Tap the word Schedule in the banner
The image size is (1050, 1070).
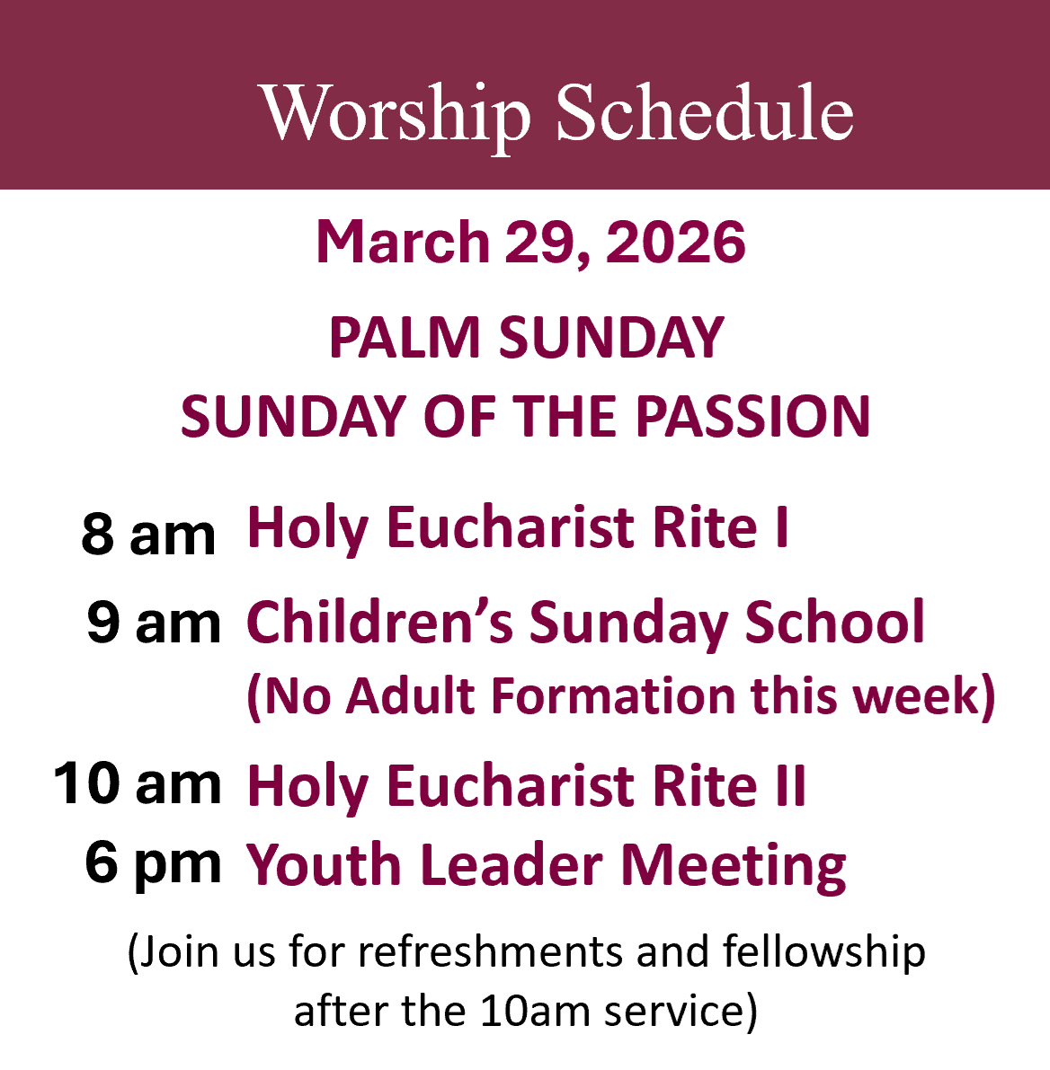point(705,111)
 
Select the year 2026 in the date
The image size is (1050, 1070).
point(675,243)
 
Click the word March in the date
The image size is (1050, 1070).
point(403,243)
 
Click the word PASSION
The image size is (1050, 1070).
point(753,416)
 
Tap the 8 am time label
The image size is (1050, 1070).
point(148,534)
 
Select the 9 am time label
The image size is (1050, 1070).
point(154,623)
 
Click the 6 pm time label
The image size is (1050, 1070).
point(153,863)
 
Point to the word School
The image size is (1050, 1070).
point(834,622)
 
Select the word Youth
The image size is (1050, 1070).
point(324,864)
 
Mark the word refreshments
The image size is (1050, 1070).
point(490,951)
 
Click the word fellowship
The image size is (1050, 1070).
point(824,953)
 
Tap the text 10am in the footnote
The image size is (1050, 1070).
point(535,1011)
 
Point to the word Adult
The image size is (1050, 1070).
point(410,696)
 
